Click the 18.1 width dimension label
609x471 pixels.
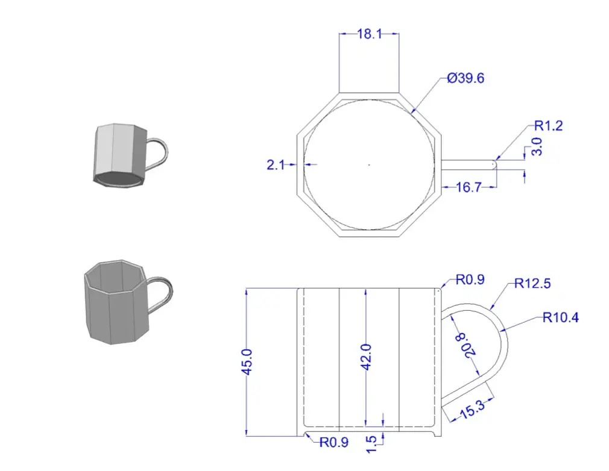[x=370, y=34]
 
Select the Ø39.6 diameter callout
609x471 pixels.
[x=465, y=78]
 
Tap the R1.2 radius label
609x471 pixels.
[x=549, y=126]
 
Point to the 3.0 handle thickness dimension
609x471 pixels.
[x=537, y=146]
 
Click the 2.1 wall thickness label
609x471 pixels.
[x=276, y=165]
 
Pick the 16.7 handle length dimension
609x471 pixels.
[x=469, y=187]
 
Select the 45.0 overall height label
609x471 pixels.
[x=247, y=361]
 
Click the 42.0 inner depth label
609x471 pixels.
[x=366, y=357]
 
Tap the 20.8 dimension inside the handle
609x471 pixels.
[x=465, y=345]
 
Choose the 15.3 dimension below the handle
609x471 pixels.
[x=472, y=410]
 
